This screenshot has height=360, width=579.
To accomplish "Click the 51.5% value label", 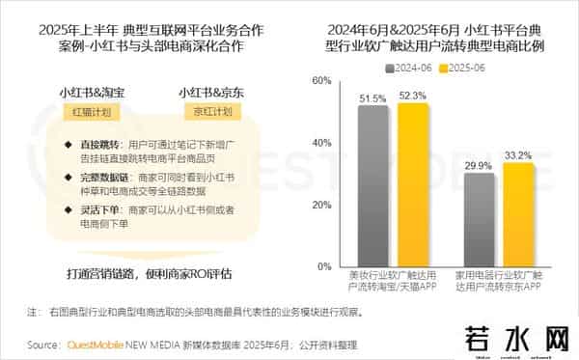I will [x=372, y=97].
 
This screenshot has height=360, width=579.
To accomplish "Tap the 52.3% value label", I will [x=412, y=96].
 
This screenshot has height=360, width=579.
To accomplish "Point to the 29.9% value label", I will [x=479, y=166].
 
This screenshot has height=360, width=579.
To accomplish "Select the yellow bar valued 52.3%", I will [x=412, y=184].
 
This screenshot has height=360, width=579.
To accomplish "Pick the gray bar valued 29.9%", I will [x=479, y=221].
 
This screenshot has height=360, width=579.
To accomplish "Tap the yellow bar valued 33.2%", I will [x=518, y=215].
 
